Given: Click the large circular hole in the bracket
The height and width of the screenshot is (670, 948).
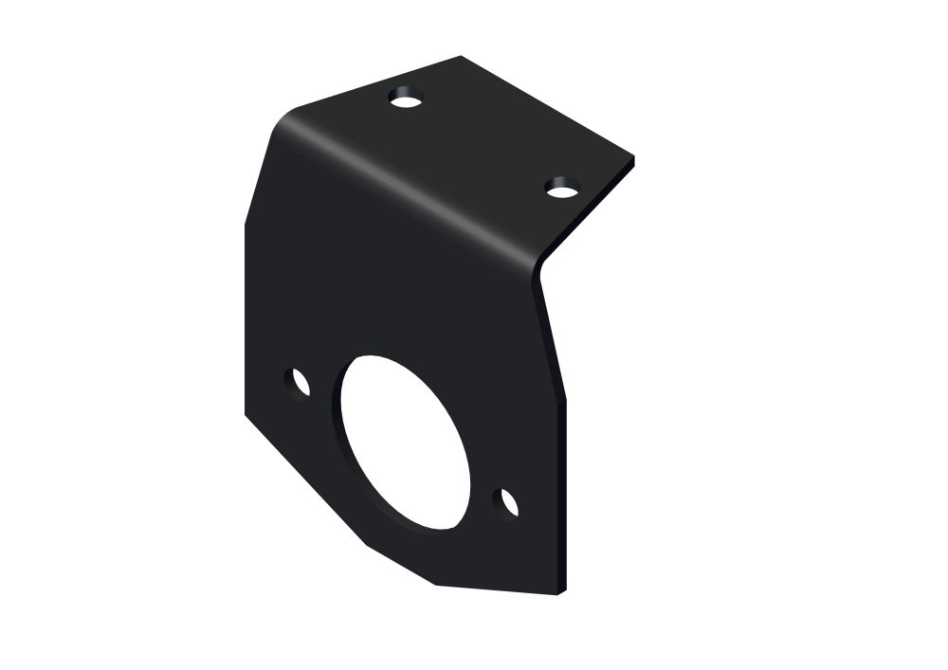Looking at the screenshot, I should (403, 441).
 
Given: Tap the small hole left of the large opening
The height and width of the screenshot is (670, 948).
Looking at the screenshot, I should (299, 383).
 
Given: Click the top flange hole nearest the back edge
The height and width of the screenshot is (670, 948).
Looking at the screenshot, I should (407, 99).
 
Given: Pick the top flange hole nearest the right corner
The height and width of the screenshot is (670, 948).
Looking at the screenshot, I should (562, 187).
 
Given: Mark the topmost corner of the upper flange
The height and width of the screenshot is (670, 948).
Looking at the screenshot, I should (462, 57).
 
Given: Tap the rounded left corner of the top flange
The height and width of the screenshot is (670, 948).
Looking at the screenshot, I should (284, 118).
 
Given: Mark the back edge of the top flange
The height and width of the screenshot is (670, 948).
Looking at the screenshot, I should (379, 81).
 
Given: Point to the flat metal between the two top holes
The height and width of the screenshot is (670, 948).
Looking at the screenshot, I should (483, 142).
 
